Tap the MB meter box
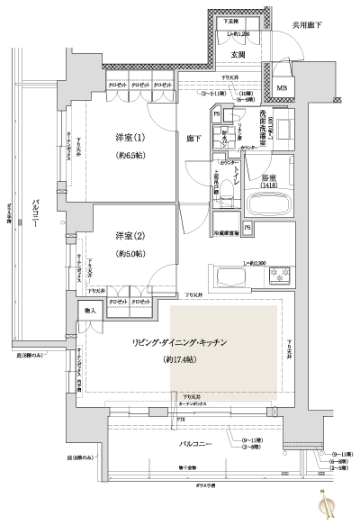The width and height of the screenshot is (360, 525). [282, 87]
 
